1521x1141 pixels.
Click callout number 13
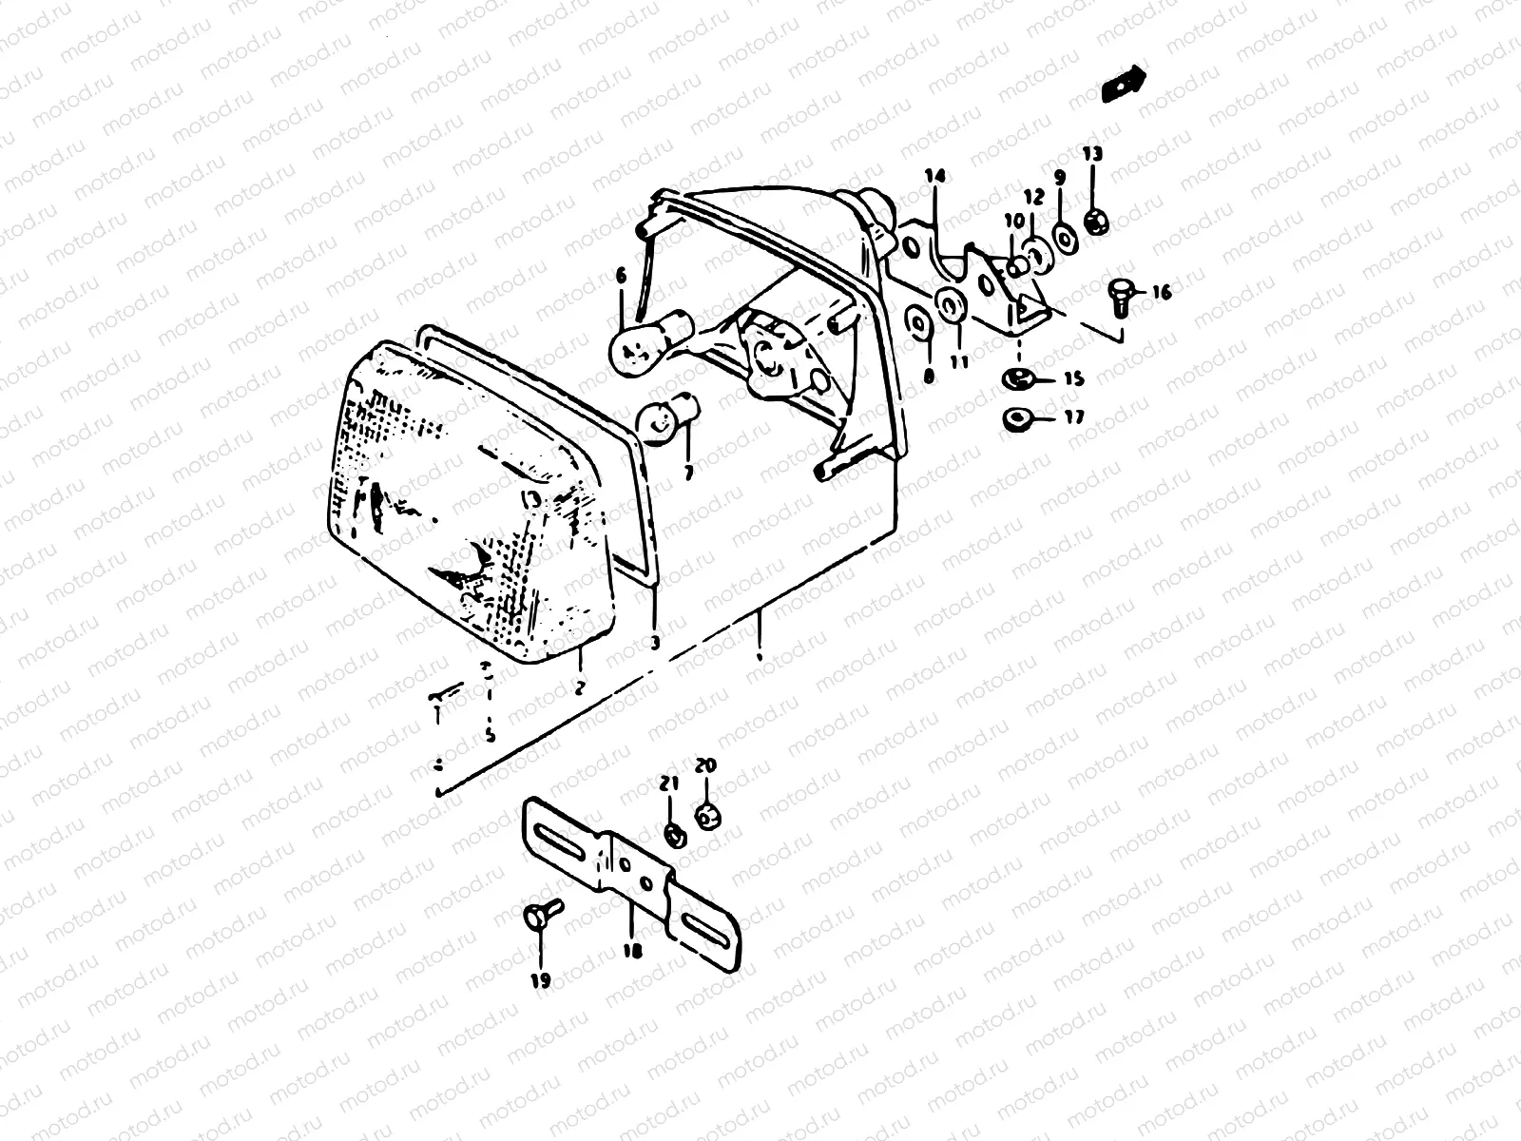point(1092,154)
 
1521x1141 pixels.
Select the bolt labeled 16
point(1119,296)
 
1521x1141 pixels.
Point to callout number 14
point(935,176)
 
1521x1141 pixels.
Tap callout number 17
point(1074,417)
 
